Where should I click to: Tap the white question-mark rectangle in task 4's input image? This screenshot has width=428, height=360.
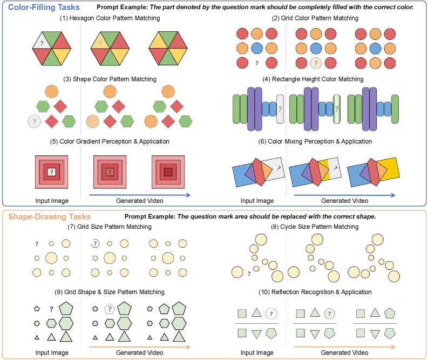pyautogui.click(x=279, y=109)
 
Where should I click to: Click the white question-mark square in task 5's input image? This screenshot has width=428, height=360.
pyautogui.click(x=51, y=172)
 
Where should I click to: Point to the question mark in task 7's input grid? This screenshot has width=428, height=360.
pyautogui.click(x=36, y=243)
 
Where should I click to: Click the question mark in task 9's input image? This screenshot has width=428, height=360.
pyautogui.click(x=51, y=309)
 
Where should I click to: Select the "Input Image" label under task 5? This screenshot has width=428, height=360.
pyautogui.click(x=52, y=200)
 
